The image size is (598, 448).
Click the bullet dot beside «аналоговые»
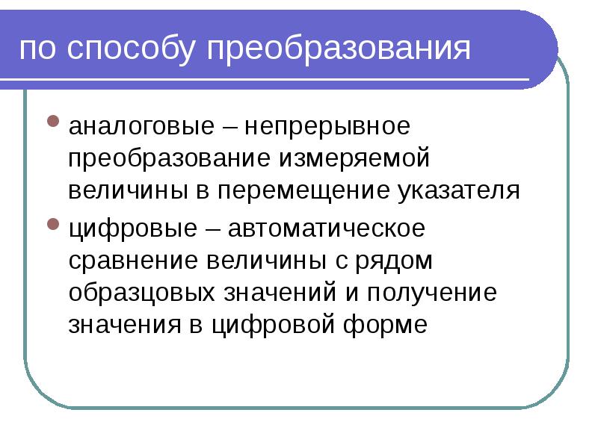click(53, 120)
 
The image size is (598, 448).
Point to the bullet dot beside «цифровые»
click(53, 223)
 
